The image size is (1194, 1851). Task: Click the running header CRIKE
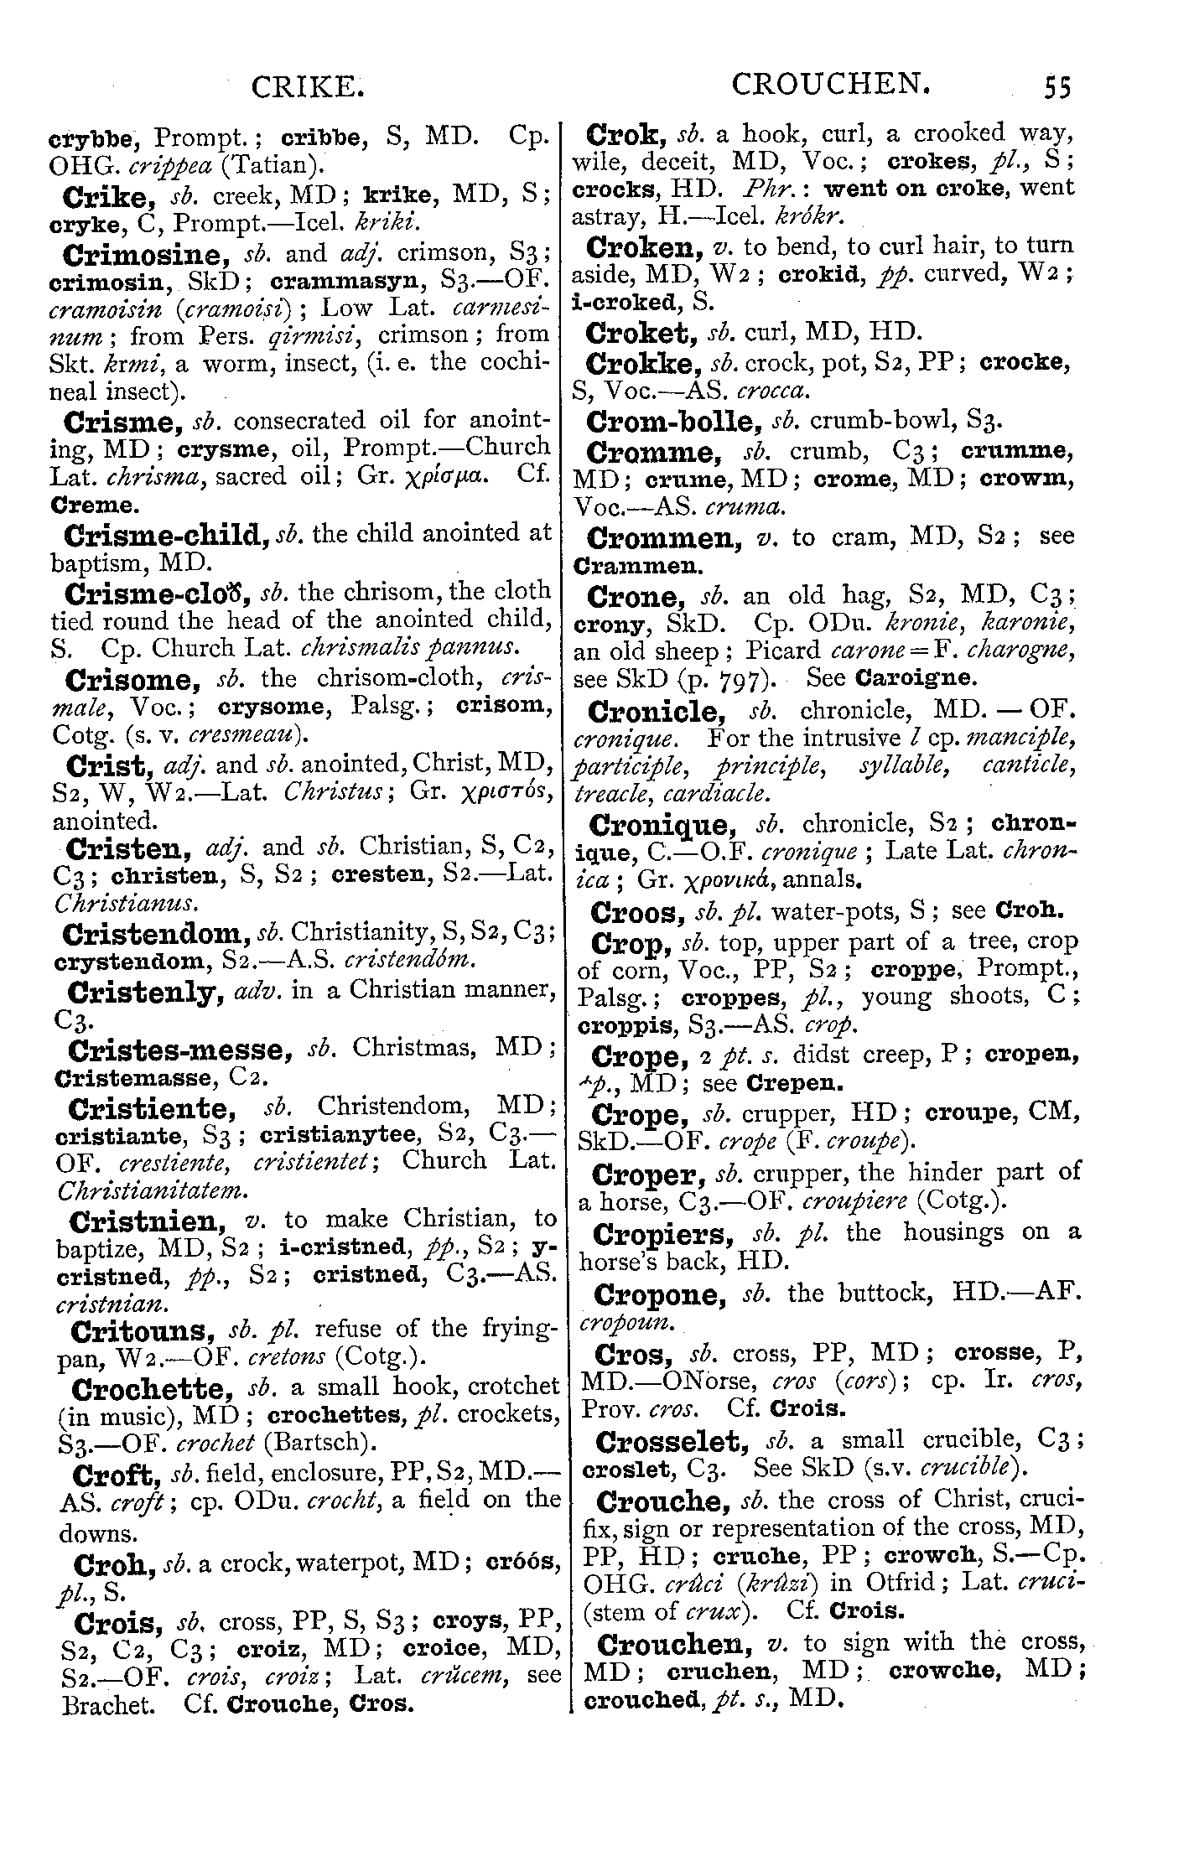308,87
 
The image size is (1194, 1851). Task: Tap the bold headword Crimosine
147,254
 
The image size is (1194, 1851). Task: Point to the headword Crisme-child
160,535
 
